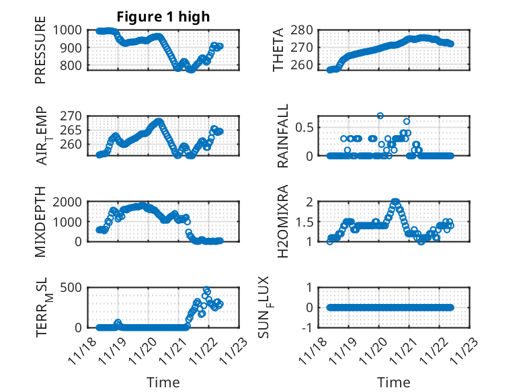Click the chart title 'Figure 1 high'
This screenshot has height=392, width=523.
(x=163, y=17)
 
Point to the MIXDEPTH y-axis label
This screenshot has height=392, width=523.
(x=41, y=221)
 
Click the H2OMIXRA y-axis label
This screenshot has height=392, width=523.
(x=283, y=221)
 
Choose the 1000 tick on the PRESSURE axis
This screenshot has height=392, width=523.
(x=71, y=30)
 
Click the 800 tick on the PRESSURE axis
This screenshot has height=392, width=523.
(x=74, y=66)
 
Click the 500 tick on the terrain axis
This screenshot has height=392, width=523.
(x=74, y=288)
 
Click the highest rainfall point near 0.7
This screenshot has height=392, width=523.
(x=380, y=116)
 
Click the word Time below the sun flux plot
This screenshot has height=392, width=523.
(x=393, y=383)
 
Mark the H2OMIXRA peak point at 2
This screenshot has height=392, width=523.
(x=395, y=202)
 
